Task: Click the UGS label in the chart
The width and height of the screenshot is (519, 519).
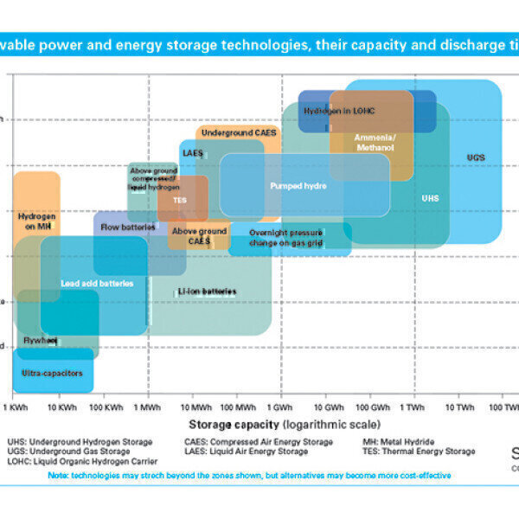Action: [x=476, y=157]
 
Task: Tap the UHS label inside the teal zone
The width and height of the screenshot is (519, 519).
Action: [x=430, y=198]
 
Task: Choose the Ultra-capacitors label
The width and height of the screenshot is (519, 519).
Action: [x=53, y=373]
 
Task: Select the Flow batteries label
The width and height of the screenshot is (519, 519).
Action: [x=128, y=227]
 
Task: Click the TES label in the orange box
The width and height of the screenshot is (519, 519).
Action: [x=180, y=199]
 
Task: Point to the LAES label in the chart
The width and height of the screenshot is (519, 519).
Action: [x=192, y=152]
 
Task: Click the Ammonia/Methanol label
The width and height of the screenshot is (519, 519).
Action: [x=374, y=143]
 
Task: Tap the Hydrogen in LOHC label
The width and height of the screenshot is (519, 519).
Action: [x=338, y=111]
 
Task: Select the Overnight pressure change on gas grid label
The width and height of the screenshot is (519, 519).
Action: [x=285, y=238]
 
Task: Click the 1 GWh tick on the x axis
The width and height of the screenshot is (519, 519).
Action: [x=281, y=407]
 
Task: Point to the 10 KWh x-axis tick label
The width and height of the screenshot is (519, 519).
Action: [x=61, y=407]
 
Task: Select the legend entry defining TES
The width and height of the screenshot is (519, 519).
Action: [x=419, y=451]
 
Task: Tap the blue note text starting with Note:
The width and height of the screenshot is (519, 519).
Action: [x=249, y=475]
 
